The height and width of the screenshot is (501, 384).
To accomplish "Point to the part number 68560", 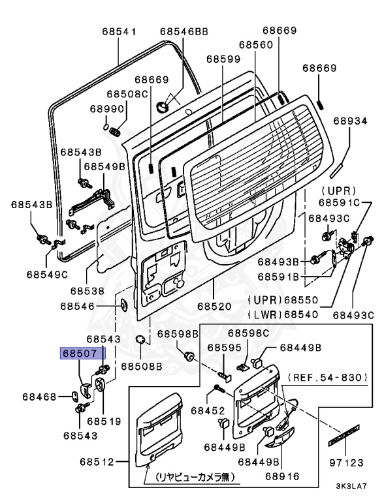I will pos(256,44).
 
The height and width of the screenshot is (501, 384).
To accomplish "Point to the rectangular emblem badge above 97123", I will pos(344,435).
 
